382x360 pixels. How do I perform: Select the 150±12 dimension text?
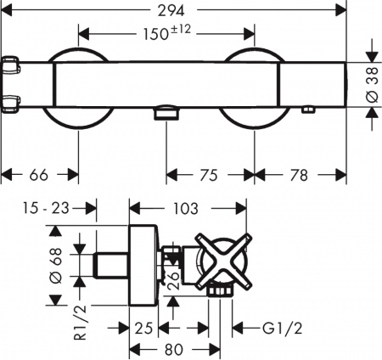tap(166, 35)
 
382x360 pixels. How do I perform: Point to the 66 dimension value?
tap(39, 175)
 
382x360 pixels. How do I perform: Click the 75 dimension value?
tap(208, 175)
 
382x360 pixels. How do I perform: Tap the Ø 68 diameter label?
tap(57, 266)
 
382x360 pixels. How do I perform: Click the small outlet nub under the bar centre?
tap(167, 113)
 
